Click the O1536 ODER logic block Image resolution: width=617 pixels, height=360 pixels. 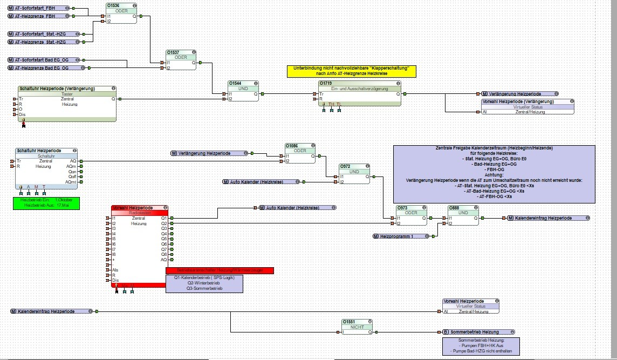point(121,13)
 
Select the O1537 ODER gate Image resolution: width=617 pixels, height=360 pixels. point(181,60)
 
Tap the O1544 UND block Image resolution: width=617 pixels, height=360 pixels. point(243,91)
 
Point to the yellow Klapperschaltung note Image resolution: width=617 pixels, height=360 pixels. point(351,71)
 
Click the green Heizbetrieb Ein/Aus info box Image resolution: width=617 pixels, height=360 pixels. point(46,203)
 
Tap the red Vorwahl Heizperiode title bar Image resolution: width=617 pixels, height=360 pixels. point(138,208)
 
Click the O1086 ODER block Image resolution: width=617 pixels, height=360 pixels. point(299,153)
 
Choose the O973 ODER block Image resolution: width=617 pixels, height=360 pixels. point(410,215)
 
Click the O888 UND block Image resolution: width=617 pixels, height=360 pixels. point(463,215)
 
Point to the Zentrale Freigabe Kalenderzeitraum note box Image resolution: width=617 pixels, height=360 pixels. point(494,173)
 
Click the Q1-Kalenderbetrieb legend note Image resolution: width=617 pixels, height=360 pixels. point(204,283)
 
